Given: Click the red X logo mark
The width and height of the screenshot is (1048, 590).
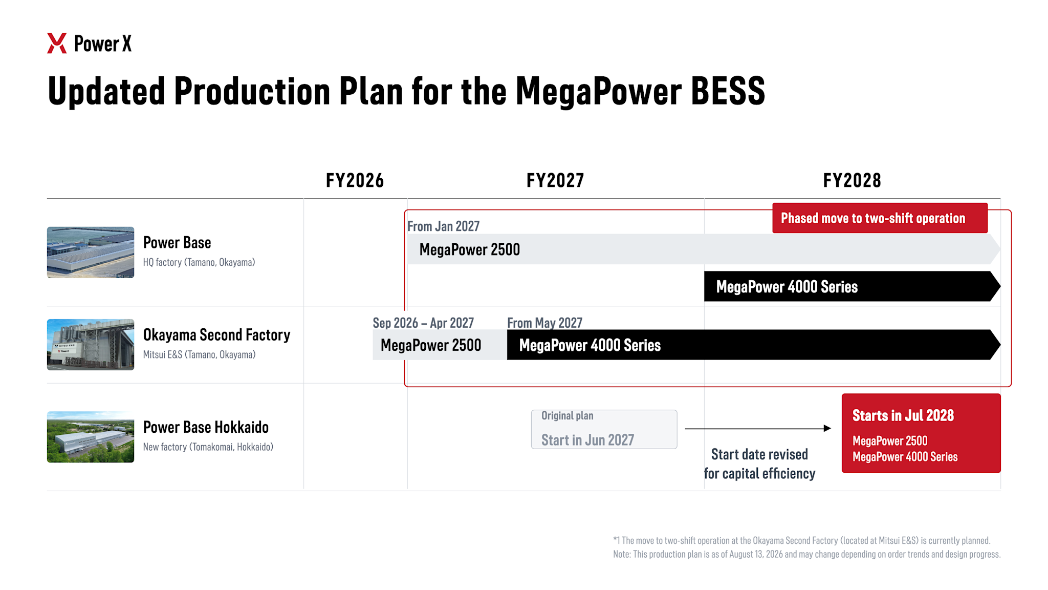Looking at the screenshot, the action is pos(57,44).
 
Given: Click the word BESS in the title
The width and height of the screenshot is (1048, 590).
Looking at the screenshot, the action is pos(728,91).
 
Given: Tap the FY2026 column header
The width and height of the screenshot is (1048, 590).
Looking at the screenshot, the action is pos(355,181).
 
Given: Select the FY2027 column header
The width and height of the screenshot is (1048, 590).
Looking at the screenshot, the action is pos(555,181).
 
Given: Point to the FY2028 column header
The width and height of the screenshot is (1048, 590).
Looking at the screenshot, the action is pos(852,181).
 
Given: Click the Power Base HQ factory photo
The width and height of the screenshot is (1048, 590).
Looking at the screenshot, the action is pos(91,252).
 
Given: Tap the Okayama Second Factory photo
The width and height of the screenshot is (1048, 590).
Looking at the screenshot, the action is pos(91,345).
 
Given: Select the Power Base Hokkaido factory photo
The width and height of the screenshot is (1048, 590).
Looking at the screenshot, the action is pos(91,437).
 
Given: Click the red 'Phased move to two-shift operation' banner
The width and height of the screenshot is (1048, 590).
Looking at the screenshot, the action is pos(880,218).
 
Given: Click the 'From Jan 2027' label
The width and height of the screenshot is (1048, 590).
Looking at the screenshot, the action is pos(443,226).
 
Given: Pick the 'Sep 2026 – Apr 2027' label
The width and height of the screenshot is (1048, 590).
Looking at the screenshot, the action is pos(423,323).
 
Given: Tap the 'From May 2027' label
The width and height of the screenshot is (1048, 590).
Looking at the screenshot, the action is pos(544,323).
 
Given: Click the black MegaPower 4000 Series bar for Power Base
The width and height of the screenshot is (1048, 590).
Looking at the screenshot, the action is pos(852,286).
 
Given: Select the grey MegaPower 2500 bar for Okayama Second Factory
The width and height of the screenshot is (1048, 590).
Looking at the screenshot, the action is pos(440,345).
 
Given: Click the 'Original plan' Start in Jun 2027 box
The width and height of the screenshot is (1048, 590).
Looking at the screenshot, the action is pos(604,429).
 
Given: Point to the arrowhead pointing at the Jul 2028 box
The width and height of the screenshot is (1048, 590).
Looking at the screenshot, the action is pos(827,428).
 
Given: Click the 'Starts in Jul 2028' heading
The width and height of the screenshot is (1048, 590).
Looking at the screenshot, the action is pos(903,415).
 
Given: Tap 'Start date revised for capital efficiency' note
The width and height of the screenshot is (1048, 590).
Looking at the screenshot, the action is pos(759,464).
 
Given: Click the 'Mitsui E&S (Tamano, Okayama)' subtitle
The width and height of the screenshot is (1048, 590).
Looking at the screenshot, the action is pos(199,354).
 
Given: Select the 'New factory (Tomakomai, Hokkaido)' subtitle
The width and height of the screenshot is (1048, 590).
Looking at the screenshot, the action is pos(208,447).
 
